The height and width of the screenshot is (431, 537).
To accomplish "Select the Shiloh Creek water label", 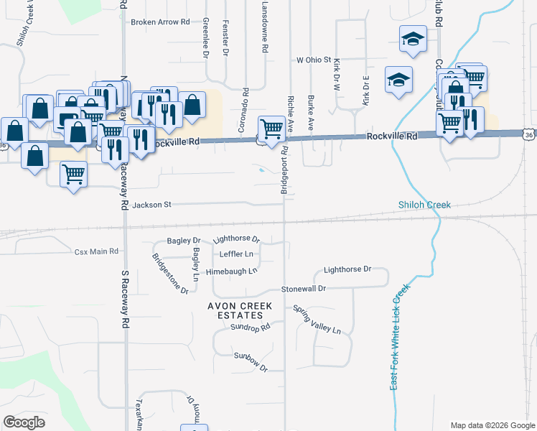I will coord(425,205).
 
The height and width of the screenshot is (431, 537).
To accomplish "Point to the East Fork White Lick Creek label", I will coord(400,338).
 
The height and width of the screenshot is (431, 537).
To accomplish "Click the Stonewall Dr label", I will coord(303,288).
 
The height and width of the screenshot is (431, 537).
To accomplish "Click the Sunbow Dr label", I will coord(250,361).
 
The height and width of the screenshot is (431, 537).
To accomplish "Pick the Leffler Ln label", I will coord(239,254).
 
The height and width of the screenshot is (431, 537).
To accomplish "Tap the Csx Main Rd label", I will coord(95,252).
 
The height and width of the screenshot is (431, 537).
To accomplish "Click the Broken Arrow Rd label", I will coord(159,22).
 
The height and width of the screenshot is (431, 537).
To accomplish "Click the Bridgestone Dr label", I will coord(169,274).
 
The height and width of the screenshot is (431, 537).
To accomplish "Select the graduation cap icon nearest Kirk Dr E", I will coord(398,80).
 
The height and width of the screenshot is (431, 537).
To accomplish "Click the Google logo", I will coord(24,422).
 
